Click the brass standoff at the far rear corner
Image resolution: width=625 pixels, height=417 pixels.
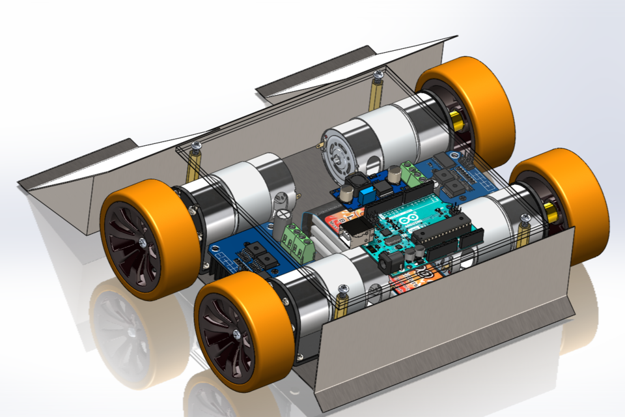point(377,91)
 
